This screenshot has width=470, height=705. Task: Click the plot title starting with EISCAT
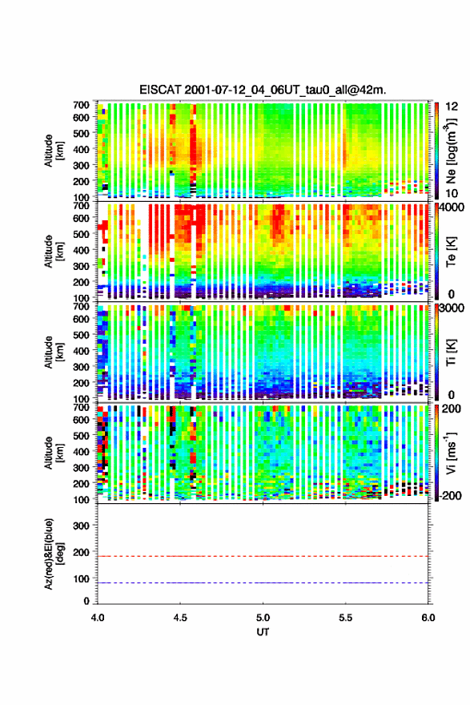click(263, 90)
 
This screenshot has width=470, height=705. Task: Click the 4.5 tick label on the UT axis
click(180, 618)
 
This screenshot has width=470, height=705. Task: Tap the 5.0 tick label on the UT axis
click(263, 618)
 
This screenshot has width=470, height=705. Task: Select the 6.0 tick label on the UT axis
click(428, 618)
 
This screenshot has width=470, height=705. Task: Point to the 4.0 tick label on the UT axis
click(98, 618)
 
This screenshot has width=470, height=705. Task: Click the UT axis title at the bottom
click(263, 632)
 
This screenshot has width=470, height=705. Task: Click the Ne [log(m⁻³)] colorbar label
click(451, 151)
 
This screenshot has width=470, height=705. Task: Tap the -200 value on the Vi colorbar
click(448, 495)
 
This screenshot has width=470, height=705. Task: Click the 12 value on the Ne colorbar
click(452, 107)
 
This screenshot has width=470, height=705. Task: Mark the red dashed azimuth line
click(263, 556)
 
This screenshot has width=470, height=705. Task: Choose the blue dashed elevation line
click(263, 582)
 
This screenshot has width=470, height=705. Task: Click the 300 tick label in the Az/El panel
click(82, 526)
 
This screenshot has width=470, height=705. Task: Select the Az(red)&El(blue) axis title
click(53, 554)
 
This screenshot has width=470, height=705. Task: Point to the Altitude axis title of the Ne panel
click(53, 151)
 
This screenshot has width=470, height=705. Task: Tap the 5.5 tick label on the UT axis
click(346, 618)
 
